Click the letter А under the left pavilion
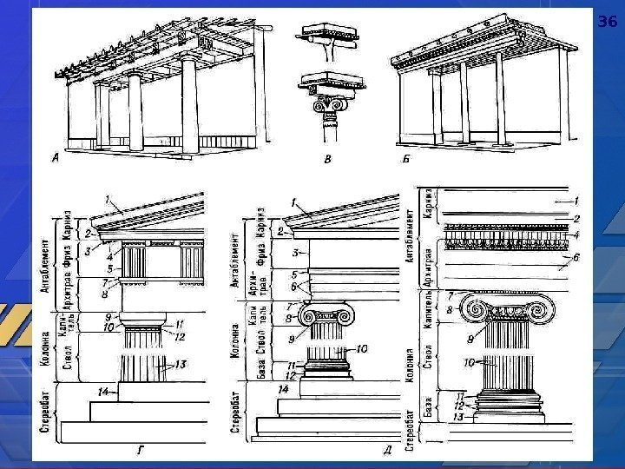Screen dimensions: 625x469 point(56,157)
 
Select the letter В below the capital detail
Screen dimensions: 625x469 point(326,159)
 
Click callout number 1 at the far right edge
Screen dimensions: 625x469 point(575,200)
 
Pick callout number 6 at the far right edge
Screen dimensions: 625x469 point(575,258)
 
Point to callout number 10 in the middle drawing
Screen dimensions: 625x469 point(362,348)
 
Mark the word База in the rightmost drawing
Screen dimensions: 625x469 point(429,406)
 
